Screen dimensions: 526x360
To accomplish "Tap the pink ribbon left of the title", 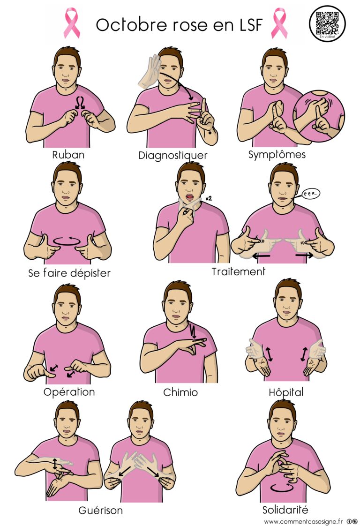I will coord(72,23).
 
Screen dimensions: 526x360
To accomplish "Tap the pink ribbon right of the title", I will coord(278,23).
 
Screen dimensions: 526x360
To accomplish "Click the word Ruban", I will coord(68,154).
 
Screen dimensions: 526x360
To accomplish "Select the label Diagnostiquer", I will coord(172,155).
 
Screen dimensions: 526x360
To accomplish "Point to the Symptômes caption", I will coord(277,154).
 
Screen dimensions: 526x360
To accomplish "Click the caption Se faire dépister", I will coord(69,273).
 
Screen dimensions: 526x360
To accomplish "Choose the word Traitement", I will coord(238,271).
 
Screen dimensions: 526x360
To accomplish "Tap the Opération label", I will coord(69,391).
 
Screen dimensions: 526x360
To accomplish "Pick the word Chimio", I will coord(180,392).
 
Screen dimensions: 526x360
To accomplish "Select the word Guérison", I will coord(101,510).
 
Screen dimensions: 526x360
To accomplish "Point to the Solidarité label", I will coord(285,510).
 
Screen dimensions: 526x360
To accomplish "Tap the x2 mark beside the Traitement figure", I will coord(209,198).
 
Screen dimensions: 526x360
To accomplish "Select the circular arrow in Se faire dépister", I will coord(69,241).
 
